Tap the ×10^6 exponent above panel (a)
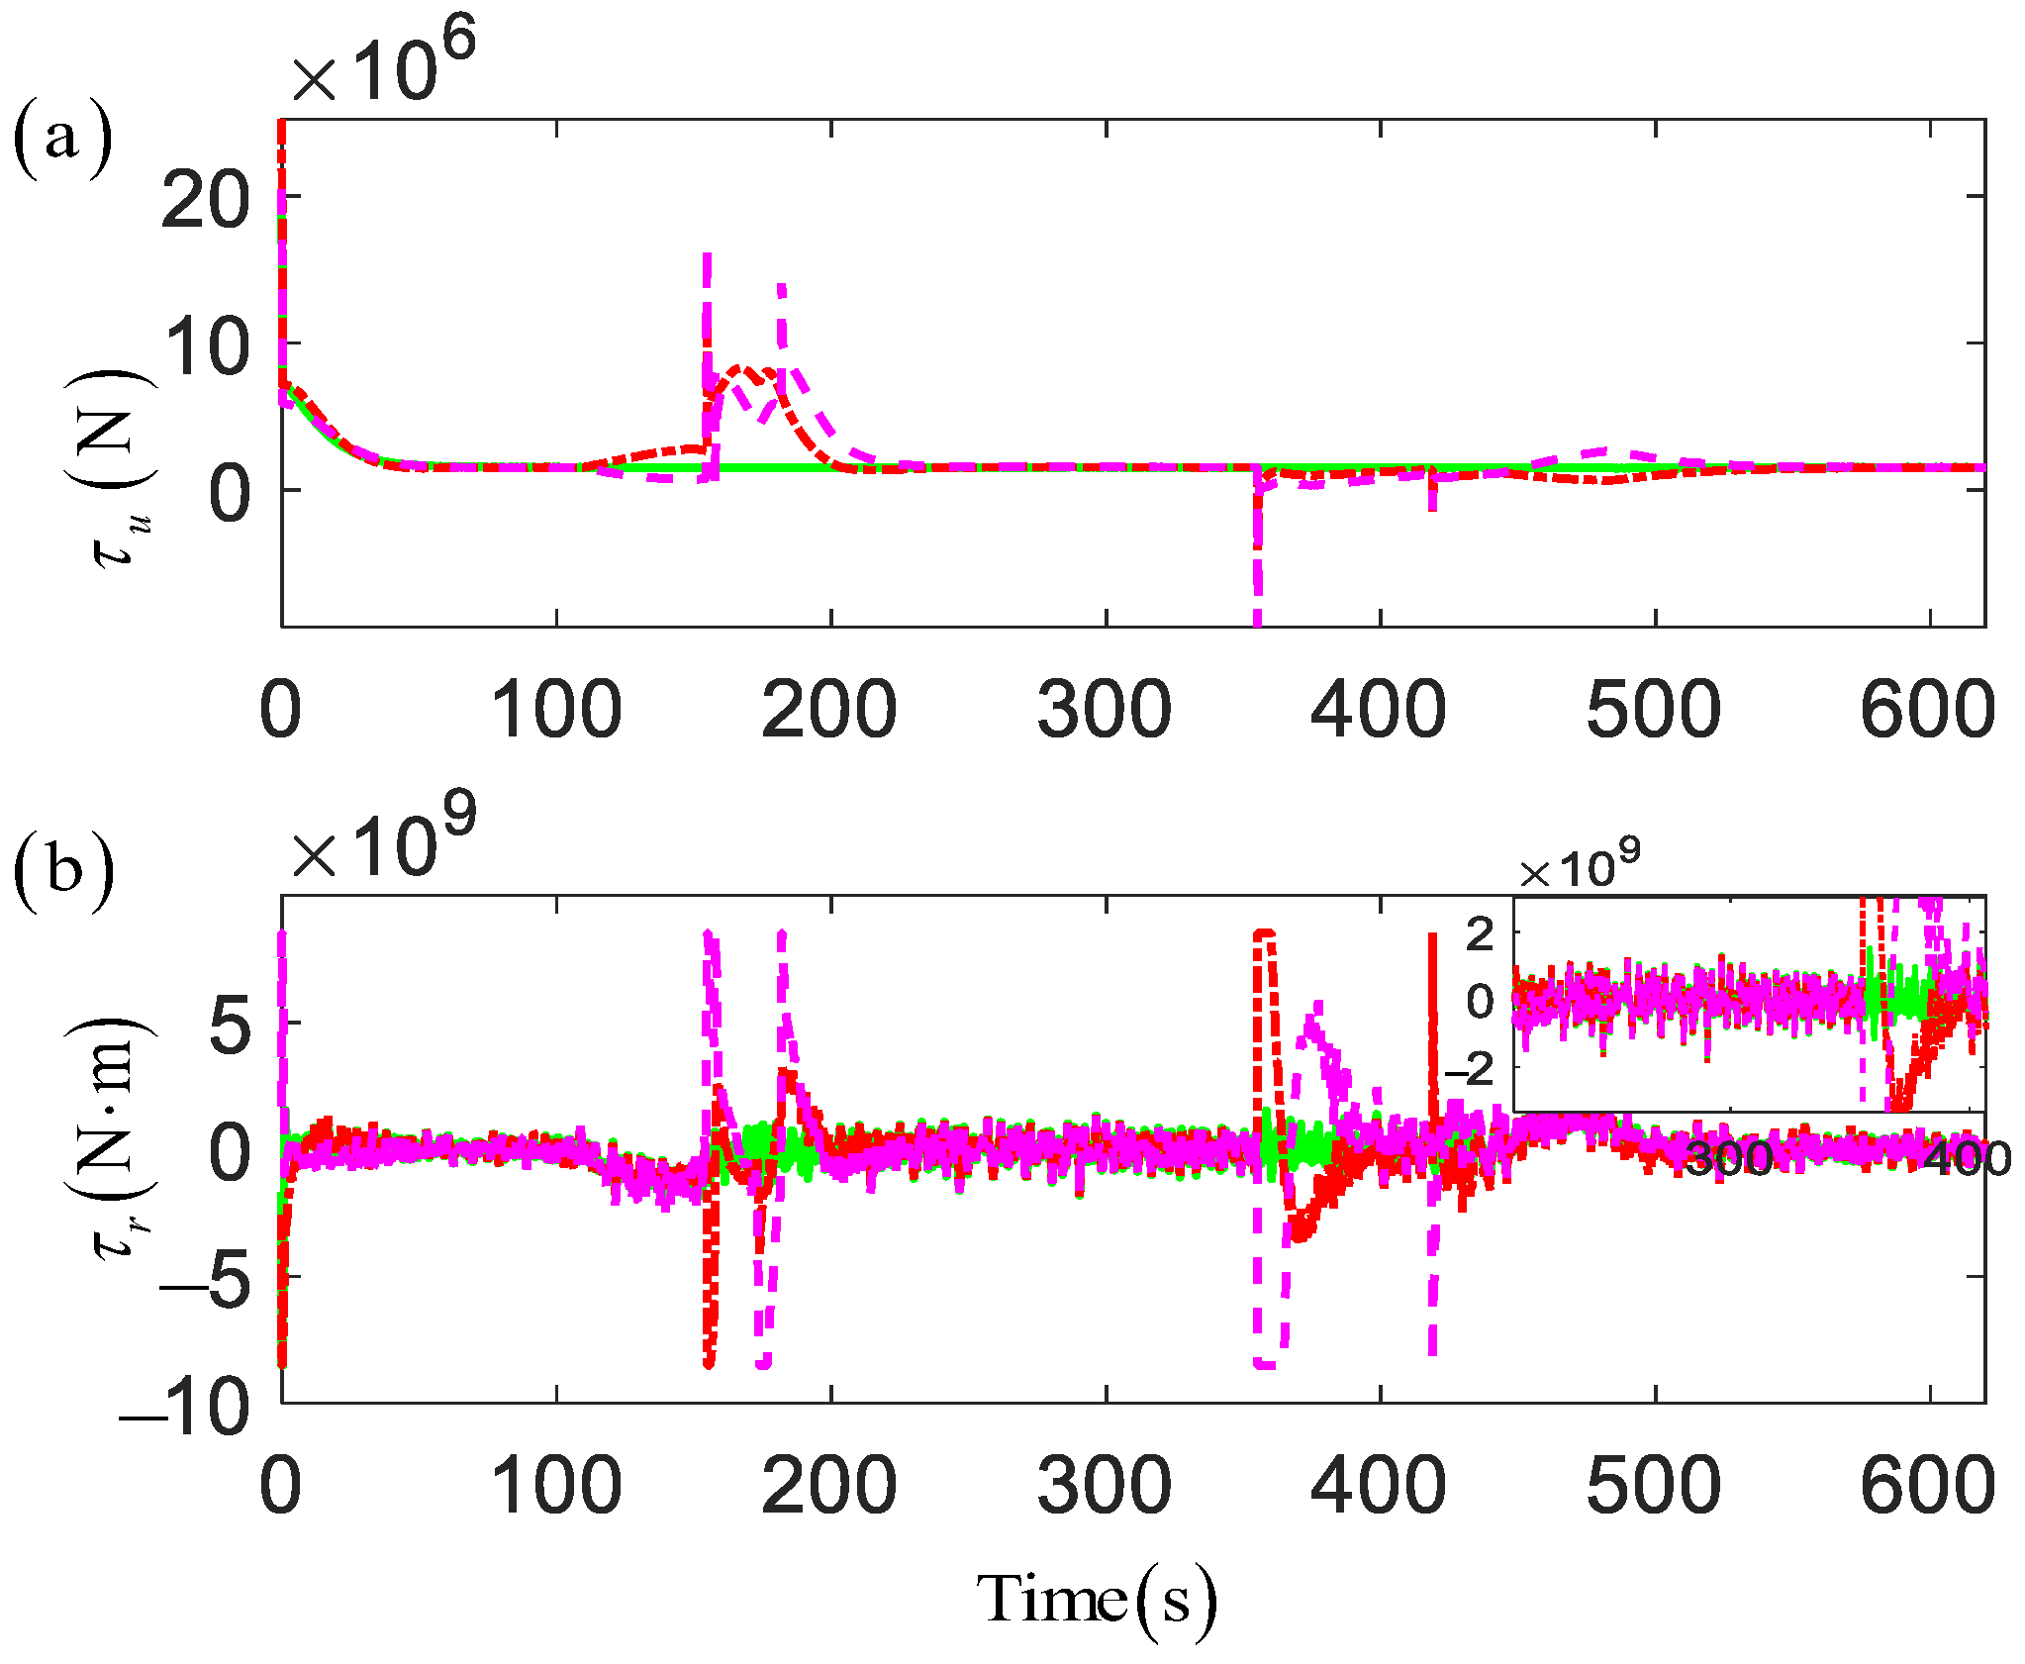click(384, 61)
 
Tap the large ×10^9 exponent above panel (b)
click(384, 837)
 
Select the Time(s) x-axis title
click(1096, 1599)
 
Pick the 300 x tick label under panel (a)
click(1104, 710)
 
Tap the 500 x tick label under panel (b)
click(1653, 1486)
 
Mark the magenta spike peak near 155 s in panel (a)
click(707, 257)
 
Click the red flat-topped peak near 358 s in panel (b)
click(1264, 932)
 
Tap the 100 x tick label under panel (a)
click(556, 710)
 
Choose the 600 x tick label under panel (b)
click(1927, 1486)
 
